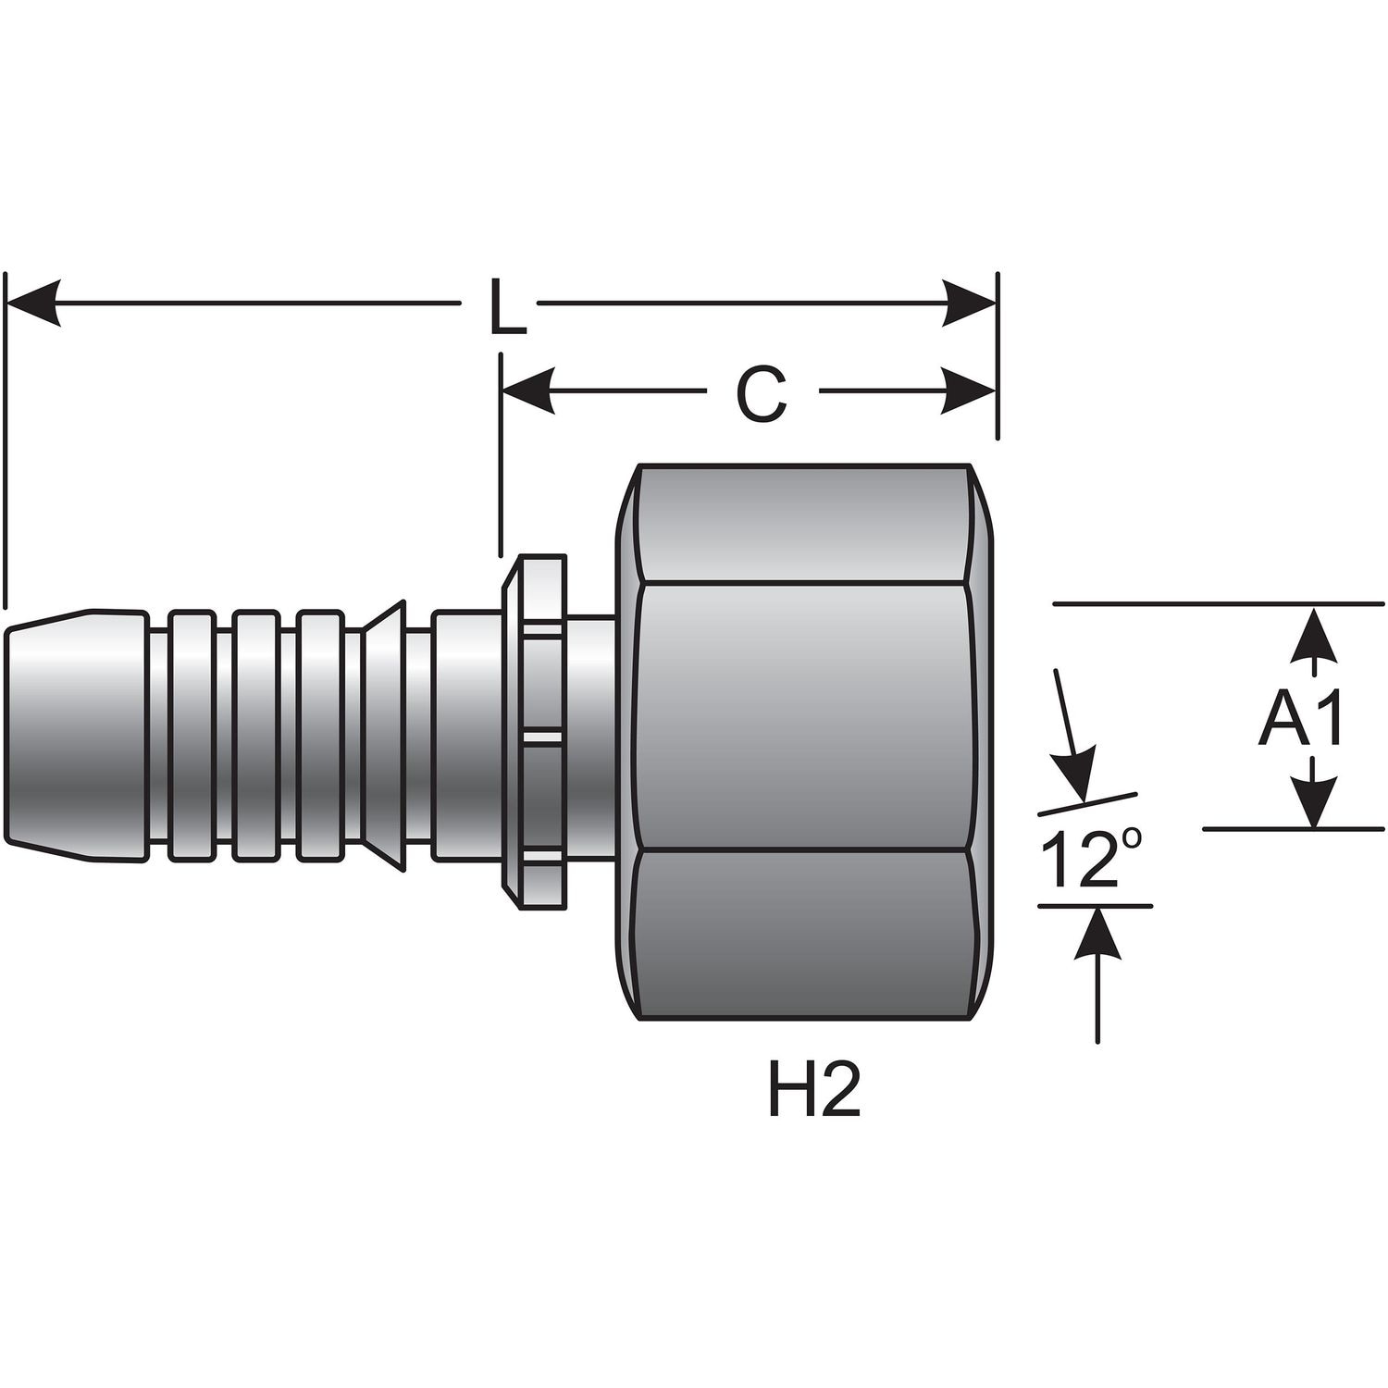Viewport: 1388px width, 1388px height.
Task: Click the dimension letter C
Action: pyautogui.click(x=761, y=394)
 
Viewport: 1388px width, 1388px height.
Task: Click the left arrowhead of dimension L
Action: pyautogui.click(x=33, y=303)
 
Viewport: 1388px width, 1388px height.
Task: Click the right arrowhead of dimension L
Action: pyautogui.click(x=970, y=303)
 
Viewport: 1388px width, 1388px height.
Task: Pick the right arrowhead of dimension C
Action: pyautogui.click(x=970, y=390)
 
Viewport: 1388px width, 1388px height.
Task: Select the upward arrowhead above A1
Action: pyautogui.click(x=1315, y=634)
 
